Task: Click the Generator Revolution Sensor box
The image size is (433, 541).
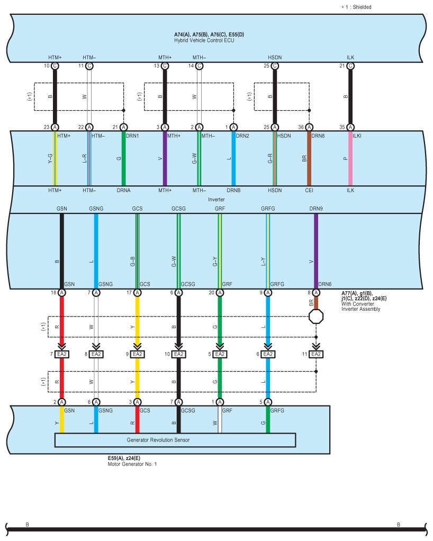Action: click(175, 440)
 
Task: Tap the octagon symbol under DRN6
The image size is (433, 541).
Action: click(316, 317)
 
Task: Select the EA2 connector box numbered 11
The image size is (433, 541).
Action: click(316, 354)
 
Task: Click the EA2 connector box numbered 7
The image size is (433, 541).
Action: click(62, 354)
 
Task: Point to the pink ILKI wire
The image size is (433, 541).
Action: click(350, 159)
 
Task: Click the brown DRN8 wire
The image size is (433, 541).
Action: click(309, 159)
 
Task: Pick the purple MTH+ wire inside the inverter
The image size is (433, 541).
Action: click(165, 159)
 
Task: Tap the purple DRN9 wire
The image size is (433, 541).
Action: click(316, 249)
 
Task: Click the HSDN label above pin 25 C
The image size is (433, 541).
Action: click(275, 57)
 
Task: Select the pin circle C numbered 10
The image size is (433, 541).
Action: click(55, 66)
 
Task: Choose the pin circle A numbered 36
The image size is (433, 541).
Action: click(309, 127)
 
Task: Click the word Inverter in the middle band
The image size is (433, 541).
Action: click(216, 200)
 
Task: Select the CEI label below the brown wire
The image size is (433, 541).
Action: click(309, 190)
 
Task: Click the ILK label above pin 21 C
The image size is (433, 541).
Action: click(350, 57)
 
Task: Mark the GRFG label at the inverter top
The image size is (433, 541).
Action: click(268, 209)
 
